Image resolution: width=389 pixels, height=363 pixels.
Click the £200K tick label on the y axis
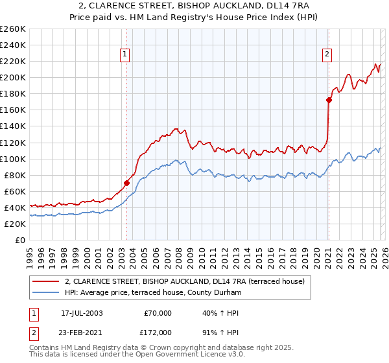click(13, 77)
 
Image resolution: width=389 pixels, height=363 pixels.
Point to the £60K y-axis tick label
click(15, 191)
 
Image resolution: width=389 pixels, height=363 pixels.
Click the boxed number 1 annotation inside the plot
click(124, 55)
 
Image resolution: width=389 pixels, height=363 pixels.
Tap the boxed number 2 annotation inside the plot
click(327, 55)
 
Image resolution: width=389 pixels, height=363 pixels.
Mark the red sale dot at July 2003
click(126, 183)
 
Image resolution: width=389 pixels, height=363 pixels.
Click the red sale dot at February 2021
click(329, 100)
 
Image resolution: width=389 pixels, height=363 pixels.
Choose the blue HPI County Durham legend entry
click(152, 293)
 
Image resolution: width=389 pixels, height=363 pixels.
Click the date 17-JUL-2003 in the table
click(82, 313)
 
